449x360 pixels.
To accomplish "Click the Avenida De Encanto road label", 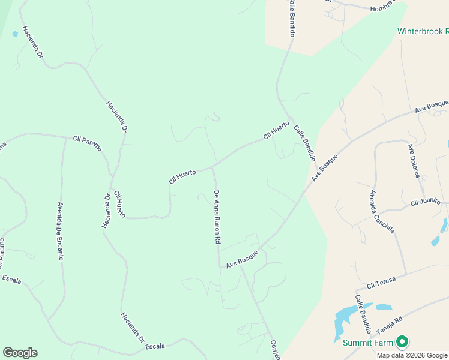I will point(61,230).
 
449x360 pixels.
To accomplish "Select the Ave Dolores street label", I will point(413,161).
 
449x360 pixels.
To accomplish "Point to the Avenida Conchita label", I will point(382,212).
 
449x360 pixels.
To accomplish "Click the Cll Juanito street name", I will point(426,202).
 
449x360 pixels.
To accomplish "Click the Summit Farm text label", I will point(367,343).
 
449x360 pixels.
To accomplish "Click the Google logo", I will point(20,353).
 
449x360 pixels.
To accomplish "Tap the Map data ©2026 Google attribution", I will point(412,355).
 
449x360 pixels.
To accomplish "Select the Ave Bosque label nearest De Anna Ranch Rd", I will point(242,259).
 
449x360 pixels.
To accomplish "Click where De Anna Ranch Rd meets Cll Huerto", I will point(212,167).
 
